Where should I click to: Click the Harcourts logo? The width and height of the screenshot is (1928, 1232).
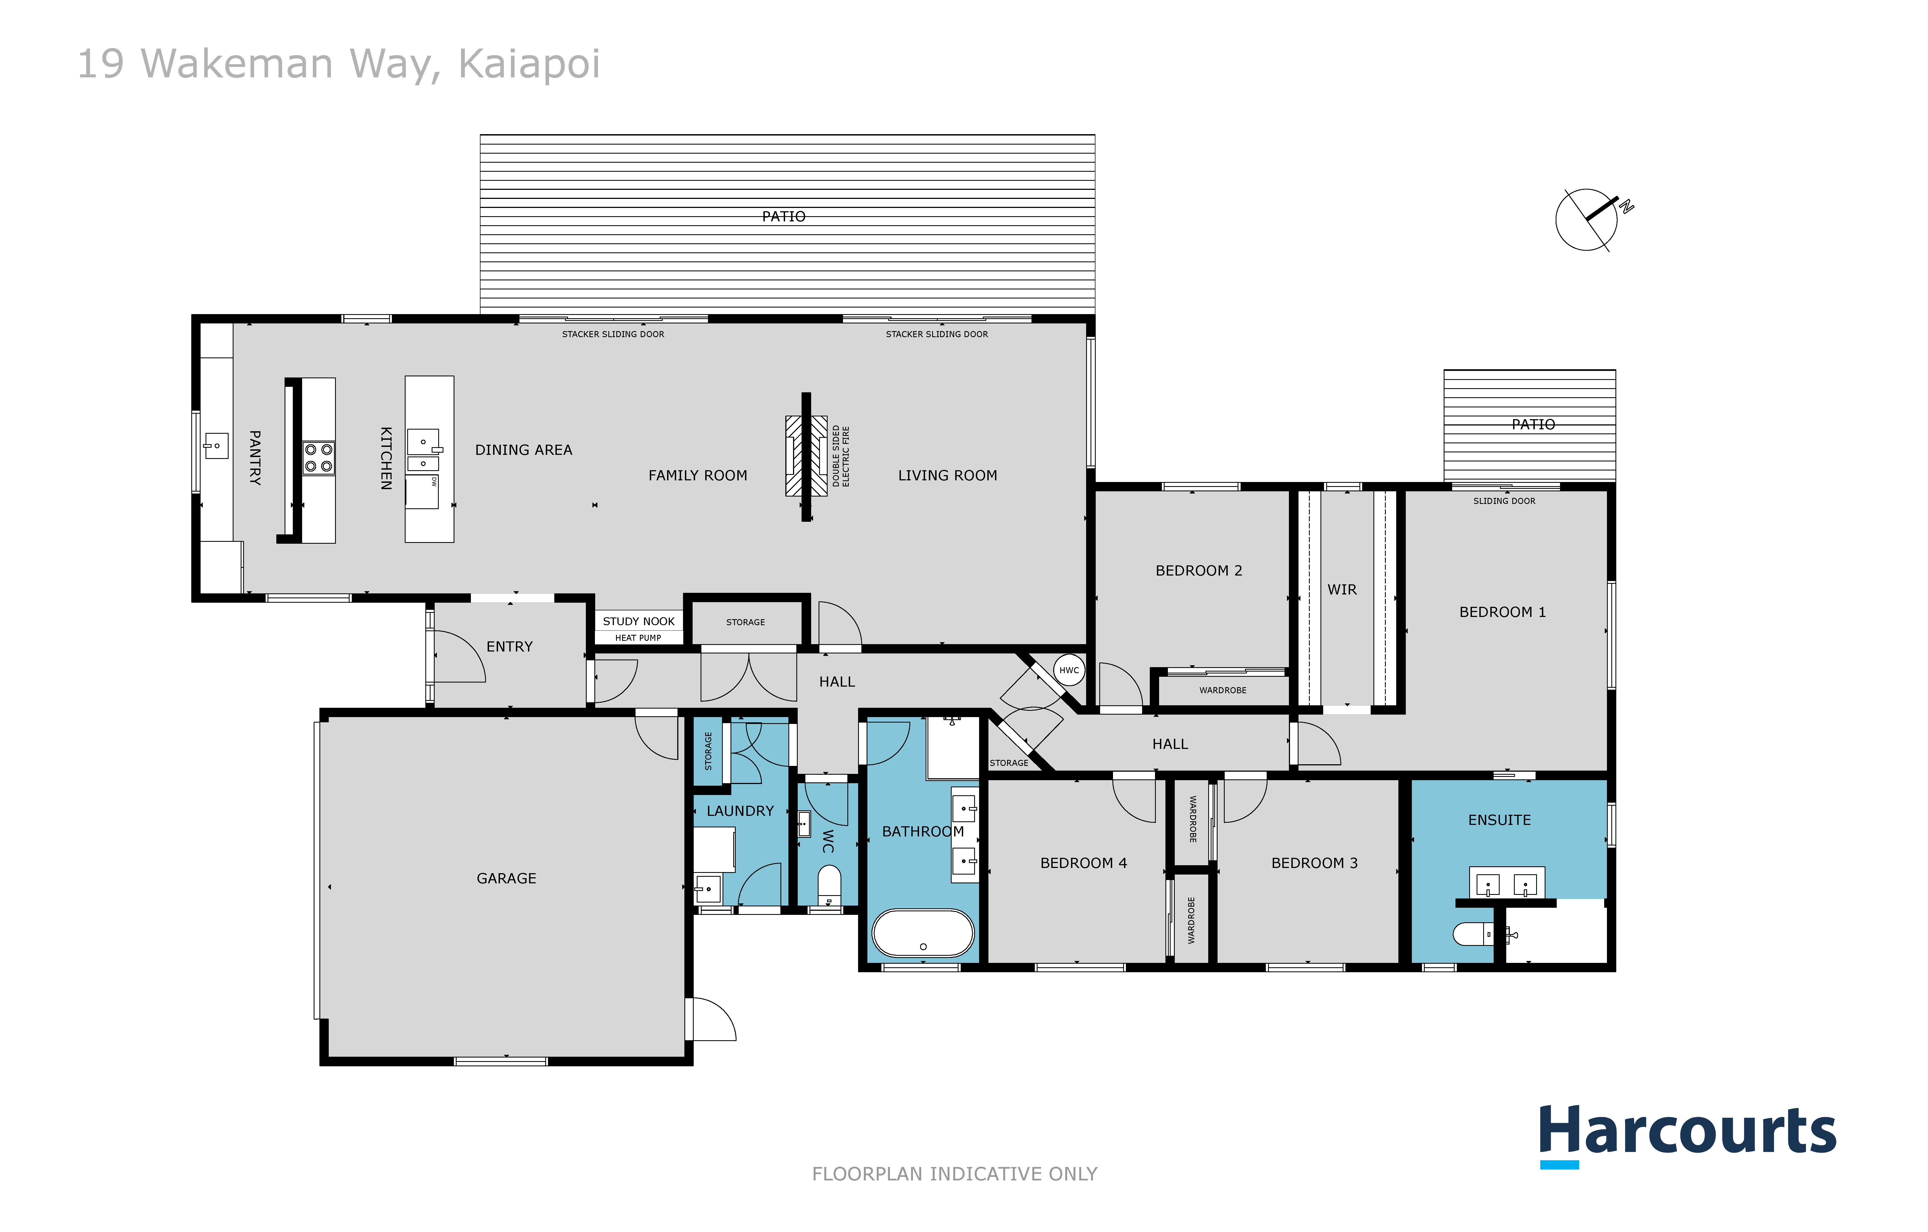point(1687,1134)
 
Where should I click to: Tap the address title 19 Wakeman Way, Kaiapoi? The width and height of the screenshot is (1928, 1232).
point(339,64)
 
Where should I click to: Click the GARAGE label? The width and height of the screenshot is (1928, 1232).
point(506,878)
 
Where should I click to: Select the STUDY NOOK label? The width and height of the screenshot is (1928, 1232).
point(638,621)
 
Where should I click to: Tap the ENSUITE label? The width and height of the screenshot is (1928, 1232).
point(1499,820)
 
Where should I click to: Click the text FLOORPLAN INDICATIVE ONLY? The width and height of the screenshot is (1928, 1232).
point(954,1174)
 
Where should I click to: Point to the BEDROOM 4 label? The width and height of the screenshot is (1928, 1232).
point(1083,863)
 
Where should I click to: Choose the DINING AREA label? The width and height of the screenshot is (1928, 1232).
point(524,450)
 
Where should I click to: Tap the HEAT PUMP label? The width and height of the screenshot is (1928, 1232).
point(638,638)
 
